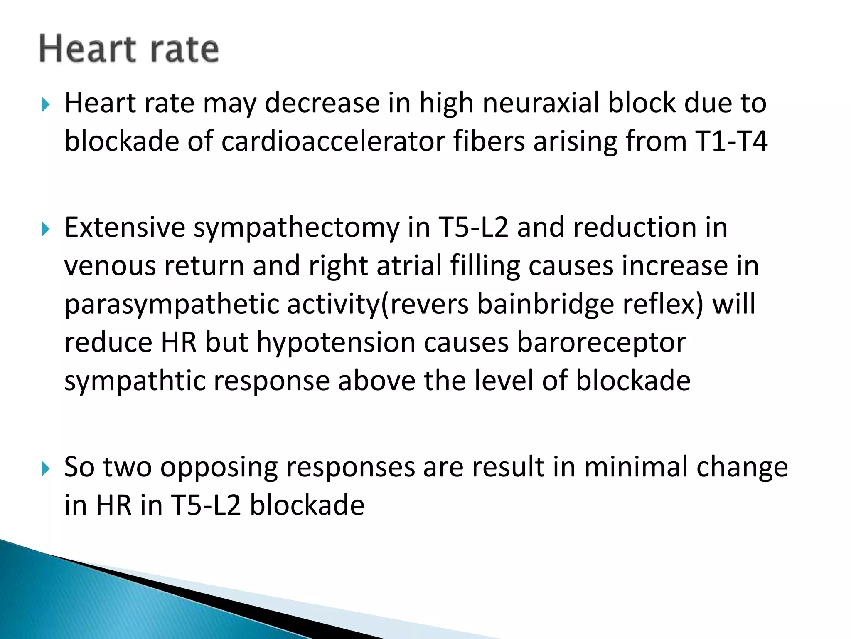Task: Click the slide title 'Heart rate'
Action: pyautogui.click(x=129, y=49)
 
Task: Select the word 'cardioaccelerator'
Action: pyautogui.click(x=332, y=141)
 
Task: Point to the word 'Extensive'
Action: pyautogui.click(x=125, y=228)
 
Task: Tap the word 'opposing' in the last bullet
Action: pyautogui.click(x=219, y=468)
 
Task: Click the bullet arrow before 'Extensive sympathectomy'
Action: pyautogui.click(x=45, y=229)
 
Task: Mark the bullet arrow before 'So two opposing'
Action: pyautogui.click(x=45, y=468)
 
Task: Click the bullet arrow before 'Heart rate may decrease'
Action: pyautogui.click(x=45, y=104)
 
